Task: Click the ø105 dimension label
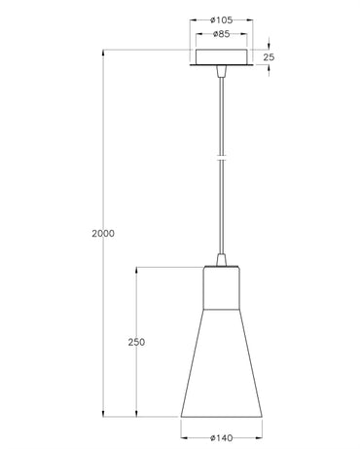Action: click(222, 20)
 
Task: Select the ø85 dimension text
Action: click(222, 34)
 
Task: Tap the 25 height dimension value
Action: click(269, 57)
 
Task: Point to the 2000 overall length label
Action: click(103, 233)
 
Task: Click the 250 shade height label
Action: click(136, 342)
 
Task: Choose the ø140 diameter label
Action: click(222, 438)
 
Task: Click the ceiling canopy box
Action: click(222, 57)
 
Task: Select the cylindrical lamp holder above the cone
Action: click(222, 288)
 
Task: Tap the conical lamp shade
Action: click(222, 363)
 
